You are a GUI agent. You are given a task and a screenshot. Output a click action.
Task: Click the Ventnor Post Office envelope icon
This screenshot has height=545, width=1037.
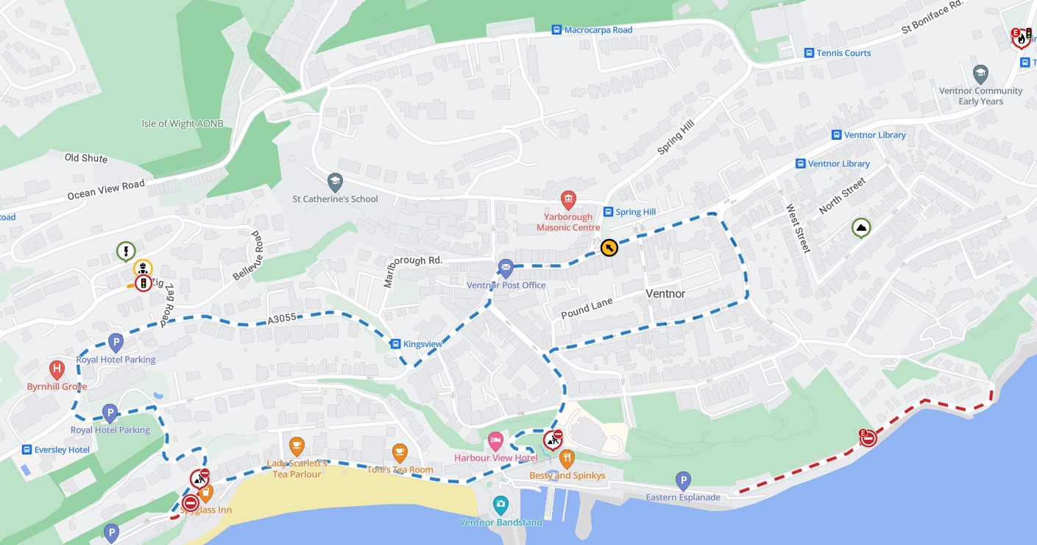pos(506,268)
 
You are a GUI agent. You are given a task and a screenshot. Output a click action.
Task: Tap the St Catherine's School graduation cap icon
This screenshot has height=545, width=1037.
pos(335,181)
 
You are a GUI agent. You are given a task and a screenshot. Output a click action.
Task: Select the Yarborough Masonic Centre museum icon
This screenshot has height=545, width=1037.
pos(567,199)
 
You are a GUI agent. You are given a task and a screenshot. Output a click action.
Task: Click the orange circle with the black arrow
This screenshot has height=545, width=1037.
pos(609,248)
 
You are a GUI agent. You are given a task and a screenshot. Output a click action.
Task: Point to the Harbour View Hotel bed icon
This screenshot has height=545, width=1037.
pos(496,441)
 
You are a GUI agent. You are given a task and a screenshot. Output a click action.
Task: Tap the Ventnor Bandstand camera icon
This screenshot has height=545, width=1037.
pos(500,505)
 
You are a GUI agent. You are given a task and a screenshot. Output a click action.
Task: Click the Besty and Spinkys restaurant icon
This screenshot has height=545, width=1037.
pos(567,460)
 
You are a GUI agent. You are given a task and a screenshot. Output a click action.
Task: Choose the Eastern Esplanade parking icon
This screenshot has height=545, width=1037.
pos(683,481)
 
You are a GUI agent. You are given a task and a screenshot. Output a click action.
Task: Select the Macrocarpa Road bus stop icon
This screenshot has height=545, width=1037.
pos(557,30)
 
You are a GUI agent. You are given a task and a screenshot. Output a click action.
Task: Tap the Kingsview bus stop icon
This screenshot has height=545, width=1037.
pos(395,343)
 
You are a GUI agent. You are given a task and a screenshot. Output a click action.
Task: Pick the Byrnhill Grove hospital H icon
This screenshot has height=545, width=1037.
pos(57,369)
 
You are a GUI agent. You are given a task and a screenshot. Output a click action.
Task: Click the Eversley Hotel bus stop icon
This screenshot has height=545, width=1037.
pos(27,449)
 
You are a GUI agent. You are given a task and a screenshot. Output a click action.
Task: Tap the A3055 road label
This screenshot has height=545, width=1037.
pos(280,318)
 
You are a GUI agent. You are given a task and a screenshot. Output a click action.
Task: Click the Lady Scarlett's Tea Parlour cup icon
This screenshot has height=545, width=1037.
pos(297,446)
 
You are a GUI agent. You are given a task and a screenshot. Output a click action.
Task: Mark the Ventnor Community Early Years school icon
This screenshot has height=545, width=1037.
pos(980,74)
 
